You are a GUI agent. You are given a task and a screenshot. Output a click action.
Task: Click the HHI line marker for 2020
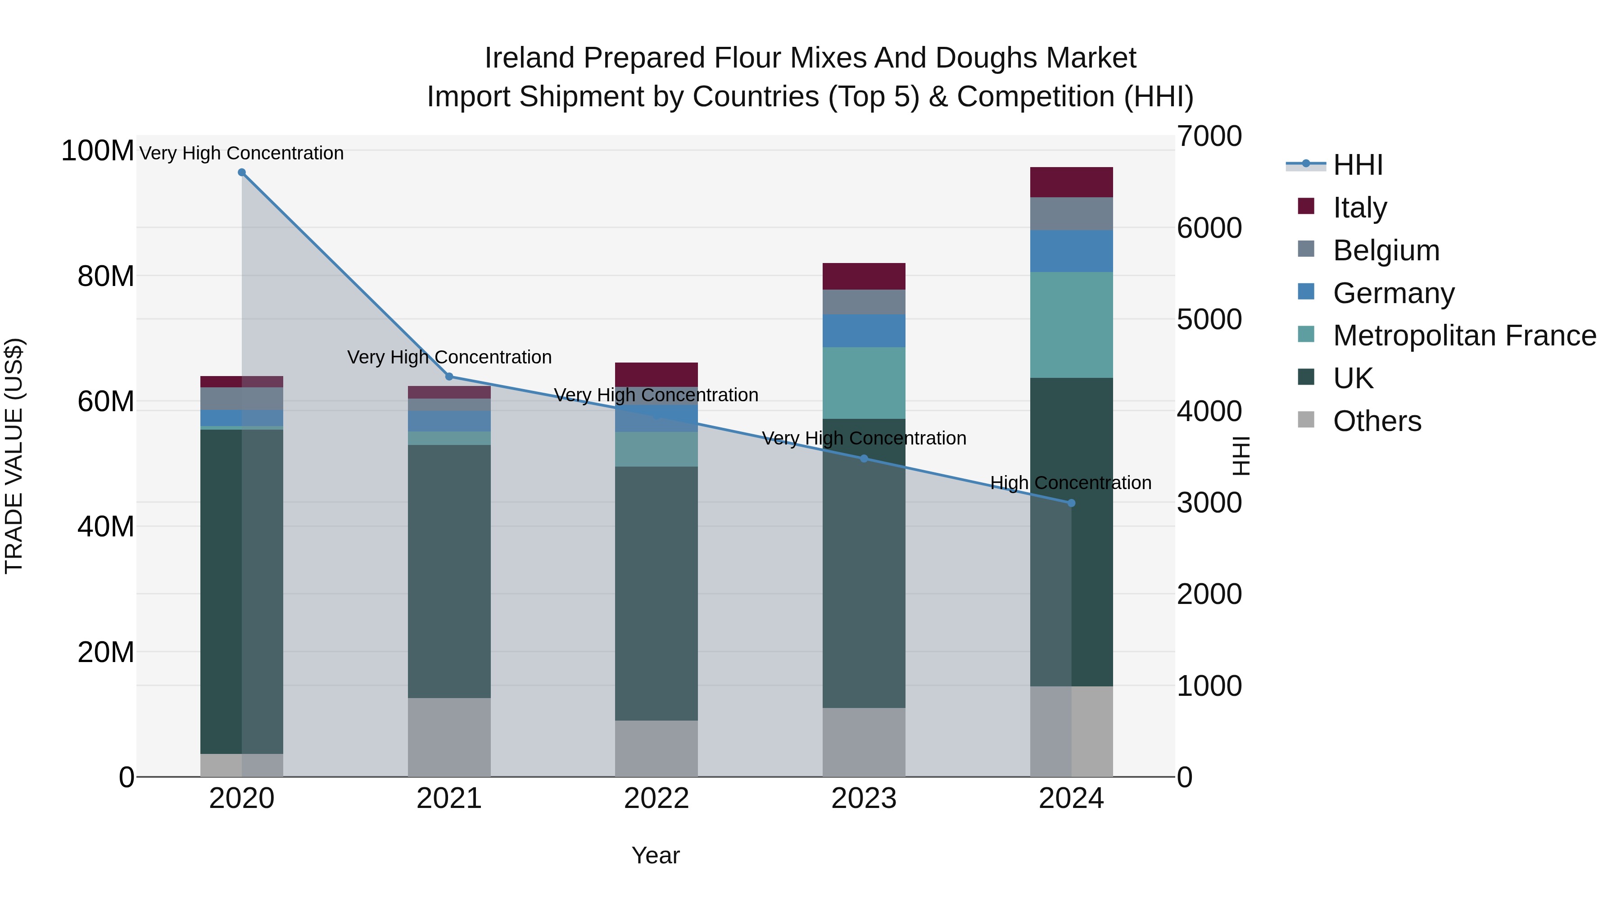coord(242,172)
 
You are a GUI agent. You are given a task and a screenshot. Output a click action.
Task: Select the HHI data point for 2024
coord(1071,503)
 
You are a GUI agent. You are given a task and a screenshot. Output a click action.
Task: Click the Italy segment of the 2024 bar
coord(1071,182)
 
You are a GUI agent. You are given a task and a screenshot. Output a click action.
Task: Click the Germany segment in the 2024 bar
coord(1071,251)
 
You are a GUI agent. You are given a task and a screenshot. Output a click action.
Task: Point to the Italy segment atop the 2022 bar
coord(657,375)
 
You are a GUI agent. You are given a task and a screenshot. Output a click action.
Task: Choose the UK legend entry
coord(1353,378)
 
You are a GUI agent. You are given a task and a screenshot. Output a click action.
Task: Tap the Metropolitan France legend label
coord(1464,336)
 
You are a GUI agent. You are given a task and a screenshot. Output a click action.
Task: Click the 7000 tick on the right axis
coord(1209,136)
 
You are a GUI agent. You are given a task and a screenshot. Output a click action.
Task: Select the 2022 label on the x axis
coord(657,799)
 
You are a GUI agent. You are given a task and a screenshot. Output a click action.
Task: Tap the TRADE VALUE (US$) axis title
coord(14,456)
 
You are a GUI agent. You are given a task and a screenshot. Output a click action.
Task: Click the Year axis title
coord(656,855)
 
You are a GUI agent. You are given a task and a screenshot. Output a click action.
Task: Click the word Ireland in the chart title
coord(529,58)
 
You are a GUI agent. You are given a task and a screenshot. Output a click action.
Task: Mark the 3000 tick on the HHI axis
coord(1209,503)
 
